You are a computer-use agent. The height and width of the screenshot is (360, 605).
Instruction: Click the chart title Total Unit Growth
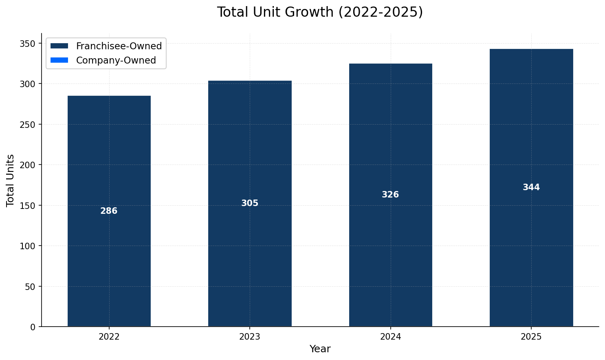(320, 12)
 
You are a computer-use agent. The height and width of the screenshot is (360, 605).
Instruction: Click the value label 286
(109, 211)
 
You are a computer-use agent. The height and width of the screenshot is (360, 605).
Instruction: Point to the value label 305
(250, 203)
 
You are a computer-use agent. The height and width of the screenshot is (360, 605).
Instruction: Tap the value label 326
(390, 195)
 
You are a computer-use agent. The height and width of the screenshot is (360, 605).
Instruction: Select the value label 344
(531, 187)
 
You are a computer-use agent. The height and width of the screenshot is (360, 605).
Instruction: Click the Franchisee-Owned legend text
(119, 46)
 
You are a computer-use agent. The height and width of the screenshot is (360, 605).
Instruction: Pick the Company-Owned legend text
(116, 60)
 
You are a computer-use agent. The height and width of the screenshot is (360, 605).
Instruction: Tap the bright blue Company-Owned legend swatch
(59, 60)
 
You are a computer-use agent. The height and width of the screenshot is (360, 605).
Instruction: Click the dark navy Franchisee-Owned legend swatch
(59, 46)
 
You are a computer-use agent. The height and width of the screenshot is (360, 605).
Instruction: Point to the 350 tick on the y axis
(29, 44)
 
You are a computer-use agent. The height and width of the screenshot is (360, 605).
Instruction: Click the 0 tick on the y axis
(33, 327)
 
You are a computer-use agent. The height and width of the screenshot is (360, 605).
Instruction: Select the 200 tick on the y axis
(29, 165)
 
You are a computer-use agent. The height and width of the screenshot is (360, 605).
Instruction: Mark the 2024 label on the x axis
(390, 337)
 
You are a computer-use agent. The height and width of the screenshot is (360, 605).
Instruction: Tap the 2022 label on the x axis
(109, 337)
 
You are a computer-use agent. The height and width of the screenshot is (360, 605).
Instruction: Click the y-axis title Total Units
(11, 180)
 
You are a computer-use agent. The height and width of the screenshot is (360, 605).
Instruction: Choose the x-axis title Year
(320, 349)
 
